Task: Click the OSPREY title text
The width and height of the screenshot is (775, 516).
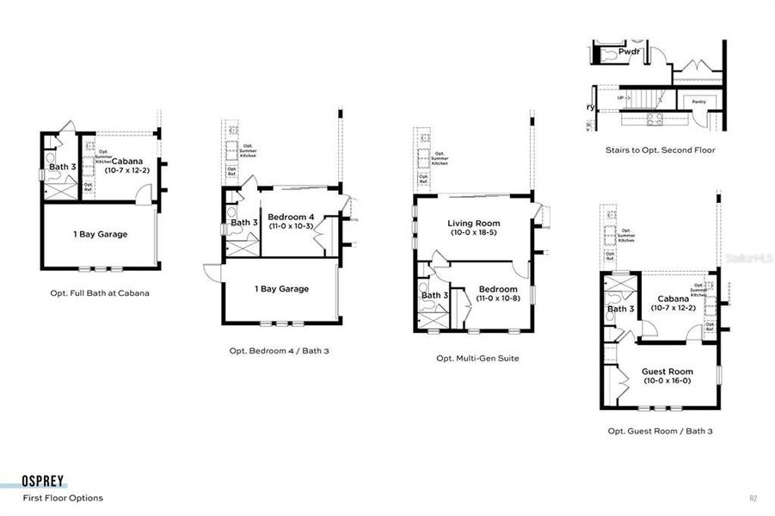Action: point(44,482)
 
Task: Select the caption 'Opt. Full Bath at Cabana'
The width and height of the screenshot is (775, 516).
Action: point(99,292)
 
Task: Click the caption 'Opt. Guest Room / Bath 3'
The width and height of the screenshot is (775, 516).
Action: point(660,431)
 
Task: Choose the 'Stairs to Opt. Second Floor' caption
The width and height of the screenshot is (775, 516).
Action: point(660,150)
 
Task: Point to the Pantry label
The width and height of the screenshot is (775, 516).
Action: point(699,101)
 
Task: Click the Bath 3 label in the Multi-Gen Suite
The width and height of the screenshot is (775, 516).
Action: point(434,295)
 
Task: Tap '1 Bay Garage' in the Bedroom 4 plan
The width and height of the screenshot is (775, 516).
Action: point(281,289)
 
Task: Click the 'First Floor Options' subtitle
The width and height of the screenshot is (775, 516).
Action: point(63,498)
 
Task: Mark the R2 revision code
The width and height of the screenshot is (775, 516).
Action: point(753,498)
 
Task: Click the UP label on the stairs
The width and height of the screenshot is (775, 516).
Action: point(620,98)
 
